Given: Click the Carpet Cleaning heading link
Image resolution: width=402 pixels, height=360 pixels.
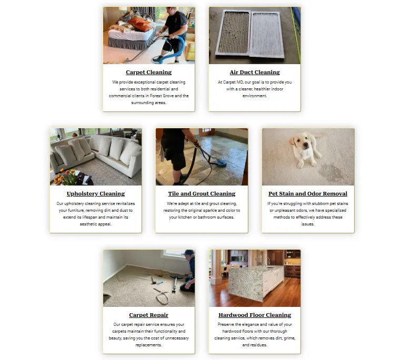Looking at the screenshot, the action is point(149,73).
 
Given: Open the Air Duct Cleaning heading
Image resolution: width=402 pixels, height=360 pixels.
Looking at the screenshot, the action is point(255,73).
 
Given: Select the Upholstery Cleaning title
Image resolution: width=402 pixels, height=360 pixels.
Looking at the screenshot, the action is point(96,194).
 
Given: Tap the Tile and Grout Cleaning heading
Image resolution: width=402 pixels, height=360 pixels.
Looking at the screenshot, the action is point(202,194).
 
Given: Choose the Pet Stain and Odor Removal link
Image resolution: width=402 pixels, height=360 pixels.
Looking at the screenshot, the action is point(308,194).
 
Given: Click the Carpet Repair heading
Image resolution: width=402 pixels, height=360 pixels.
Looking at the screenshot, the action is point(149,315).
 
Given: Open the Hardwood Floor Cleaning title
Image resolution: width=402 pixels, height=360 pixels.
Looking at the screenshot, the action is point(255,315).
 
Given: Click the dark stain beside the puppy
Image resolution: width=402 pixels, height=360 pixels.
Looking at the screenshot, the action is point(330,171).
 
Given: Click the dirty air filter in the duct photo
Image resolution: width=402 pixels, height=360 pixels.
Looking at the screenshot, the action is point(233,32).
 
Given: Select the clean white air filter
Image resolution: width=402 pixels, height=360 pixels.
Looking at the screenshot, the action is point(267,35).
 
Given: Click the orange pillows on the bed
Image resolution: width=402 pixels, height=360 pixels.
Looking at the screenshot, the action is point(140,24).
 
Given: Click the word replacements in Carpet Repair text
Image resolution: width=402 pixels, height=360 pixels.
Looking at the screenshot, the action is point(149,345).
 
